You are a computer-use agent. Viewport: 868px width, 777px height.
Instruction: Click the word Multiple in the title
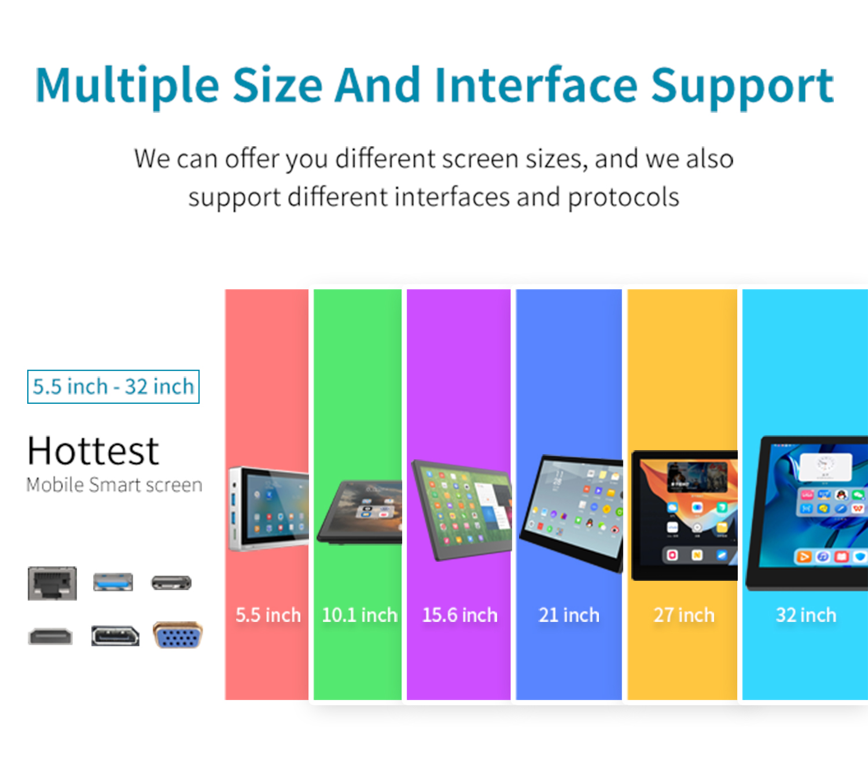click(x=127, y=86)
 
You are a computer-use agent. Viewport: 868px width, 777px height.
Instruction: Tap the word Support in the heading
click(x=742, y=88)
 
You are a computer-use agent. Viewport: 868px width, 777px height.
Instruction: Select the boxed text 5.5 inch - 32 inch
click(x=113, y=386)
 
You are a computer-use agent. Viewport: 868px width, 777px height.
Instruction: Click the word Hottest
click(x=93, y=451)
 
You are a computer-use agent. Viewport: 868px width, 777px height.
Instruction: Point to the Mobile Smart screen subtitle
click(x=114, y=485)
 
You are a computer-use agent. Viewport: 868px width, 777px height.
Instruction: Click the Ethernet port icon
click(x=52, y=583)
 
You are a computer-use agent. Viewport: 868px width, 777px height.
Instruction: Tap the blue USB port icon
click(x=113, y=582)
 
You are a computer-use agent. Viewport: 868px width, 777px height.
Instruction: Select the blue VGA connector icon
click(x=178, y=635)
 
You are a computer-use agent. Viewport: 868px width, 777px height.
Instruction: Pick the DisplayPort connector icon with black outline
click(x=115, y=636)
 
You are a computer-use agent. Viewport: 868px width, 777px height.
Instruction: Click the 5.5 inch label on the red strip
click(x=268, y=615)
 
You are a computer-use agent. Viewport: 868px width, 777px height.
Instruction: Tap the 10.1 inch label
click(x=360, y=615)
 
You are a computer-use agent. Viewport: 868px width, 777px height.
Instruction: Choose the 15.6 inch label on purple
click(x=459, y=615)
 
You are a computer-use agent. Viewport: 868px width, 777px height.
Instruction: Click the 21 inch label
click(x=569, y=615)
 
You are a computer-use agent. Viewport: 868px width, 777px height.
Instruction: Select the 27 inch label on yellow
click(x=684, y=615)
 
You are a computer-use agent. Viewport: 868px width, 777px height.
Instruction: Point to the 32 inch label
click(x=806, y=615)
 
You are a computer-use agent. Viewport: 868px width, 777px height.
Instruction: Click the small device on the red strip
click(x=269, y=509)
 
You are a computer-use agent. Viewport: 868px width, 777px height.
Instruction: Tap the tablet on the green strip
click(x=359, y=512)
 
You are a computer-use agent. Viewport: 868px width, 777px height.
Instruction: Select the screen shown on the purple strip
click(x=461, y=510)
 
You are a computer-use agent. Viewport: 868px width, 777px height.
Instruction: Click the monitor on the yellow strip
click(x=685, y=515)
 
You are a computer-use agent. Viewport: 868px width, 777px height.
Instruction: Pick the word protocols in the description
click(x=624, y=198)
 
